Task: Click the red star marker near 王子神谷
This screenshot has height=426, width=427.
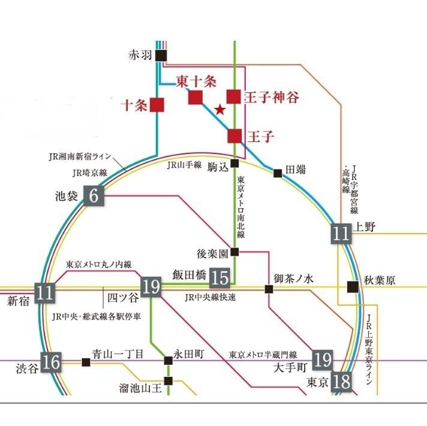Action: tap(220, 110)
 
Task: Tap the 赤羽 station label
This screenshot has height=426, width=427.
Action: tap(142, 56)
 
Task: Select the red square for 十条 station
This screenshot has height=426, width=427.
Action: tap(157, 104)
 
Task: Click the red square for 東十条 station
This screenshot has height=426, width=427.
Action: tap(195, 97)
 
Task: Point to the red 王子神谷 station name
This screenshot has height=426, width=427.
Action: tap(271, 97)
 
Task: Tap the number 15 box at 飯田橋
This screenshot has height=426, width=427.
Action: tap(221, 277)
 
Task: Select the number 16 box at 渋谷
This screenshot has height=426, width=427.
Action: tap(52, 362)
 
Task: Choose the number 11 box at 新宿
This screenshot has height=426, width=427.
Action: tap(44, 292)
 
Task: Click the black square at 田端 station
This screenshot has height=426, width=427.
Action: tap(278, 173)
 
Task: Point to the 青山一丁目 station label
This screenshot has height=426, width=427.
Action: tap(118, 354)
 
